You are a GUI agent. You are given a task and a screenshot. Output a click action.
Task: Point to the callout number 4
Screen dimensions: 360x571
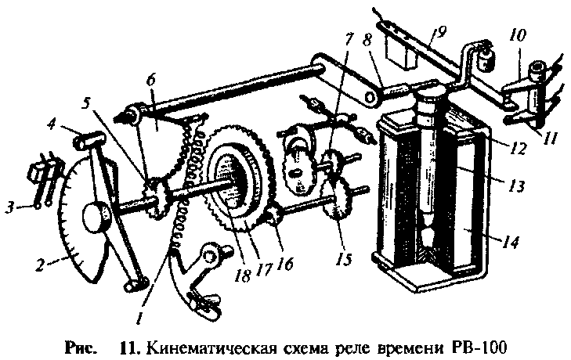pos(50,124)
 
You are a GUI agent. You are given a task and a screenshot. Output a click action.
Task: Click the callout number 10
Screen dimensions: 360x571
pos(518,35)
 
